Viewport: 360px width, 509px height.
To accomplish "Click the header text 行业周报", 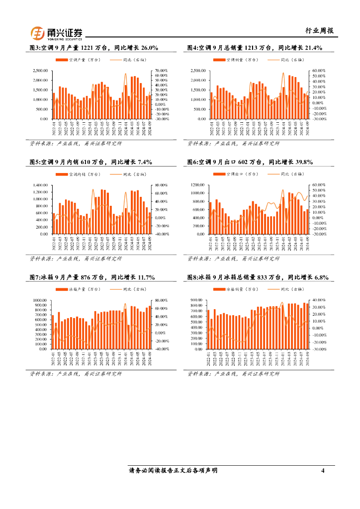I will [319, 31].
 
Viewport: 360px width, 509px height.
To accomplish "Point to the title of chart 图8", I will [258, 277].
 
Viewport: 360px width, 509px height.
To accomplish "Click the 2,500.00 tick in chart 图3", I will [40, 71].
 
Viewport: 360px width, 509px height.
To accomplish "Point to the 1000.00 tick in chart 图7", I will [39, 300].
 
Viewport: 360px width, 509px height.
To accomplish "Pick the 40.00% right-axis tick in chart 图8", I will [318, 300].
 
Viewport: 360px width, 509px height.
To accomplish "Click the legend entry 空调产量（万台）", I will [84, 60].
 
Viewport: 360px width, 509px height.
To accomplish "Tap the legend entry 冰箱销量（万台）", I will [241, 289].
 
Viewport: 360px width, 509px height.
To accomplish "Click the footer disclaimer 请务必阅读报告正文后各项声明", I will [173, 470].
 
